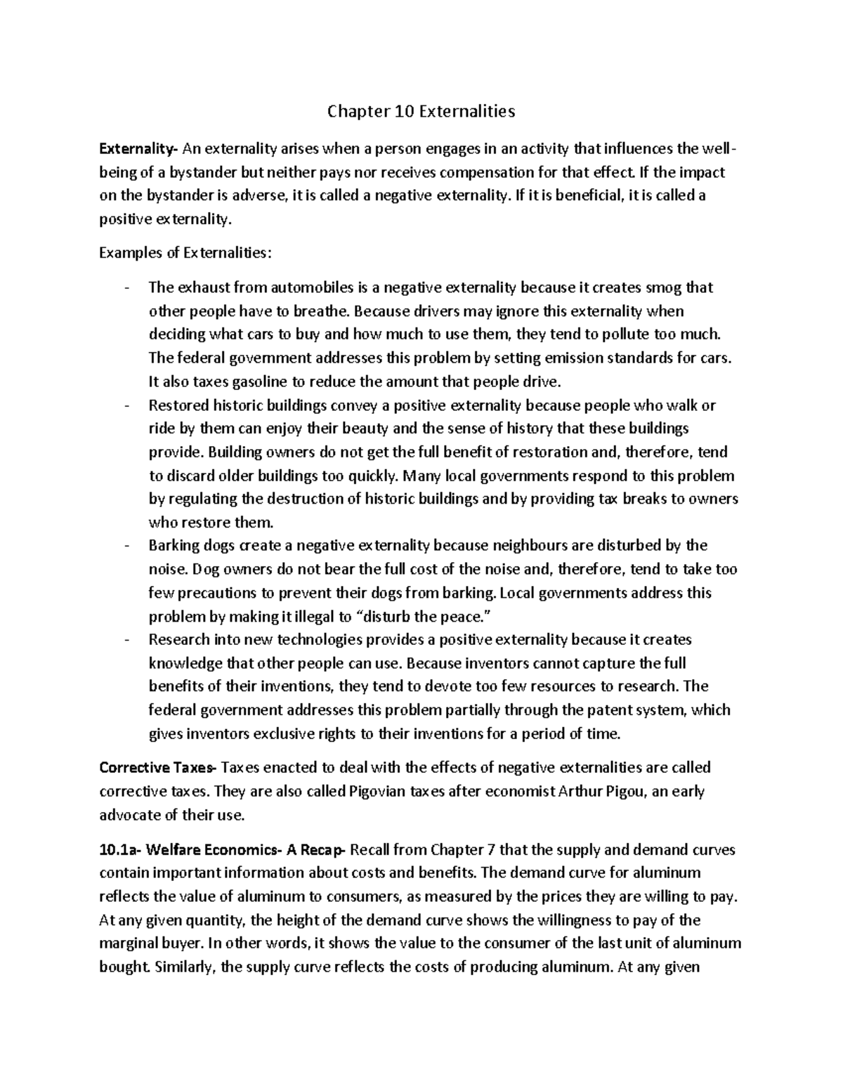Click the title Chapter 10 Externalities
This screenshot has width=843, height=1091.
(421, 111)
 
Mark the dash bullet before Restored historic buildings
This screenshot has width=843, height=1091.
(126, 405)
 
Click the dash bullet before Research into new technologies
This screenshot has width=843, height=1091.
(126, 640)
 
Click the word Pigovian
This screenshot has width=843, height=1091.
(379, 791)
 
